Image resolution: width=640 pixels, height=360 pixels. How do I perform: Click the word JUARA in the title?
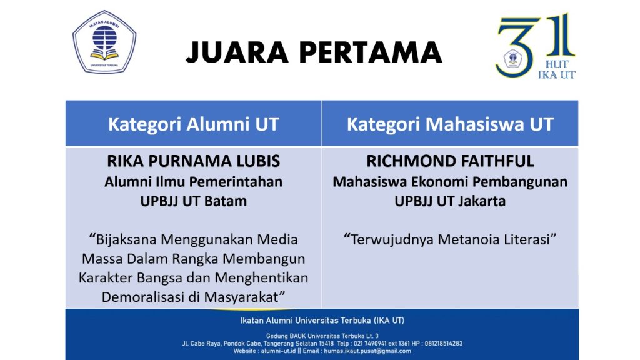(x=237, y=52)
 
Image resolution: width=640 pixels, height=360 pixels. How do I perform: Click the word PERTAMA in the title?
(x=371, y=52)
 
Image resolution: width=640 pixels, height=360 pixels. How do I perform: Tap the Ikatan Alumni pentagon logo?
(x=104, y=42)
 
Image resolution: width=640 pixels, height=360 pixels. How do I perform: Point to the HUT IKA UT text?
(x=557, y=69)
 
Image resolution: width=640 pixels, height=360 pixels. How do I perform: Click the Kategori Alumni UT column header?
(x=194, y=124)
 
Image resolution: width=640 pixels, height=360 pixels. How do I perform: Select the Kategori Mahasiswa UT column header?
(x=450, y=124)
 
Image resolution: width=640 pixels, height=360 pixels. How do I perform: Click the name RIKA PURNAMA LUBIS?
(x=194, y=161)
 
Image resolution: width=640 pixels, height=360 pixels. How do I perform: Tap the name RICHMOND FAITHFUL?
(x=450, y=161)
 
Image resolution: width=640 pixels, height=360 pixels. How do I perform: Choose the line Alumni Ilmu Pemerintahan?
(x=194, y=182)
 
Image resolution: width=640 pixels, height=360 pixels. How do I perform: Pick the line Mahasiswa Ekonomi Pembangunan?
(x=450, y=182)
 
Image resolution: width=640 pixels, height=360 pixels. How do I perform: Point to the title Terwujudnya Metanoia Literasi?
(x=450, y=239)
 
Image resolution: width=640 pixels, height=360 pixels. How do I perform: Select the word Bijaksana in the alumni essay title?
(x=126, y=239)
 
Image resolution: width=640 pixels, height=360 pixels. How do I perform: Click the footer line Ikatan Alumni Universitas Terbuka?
(x=322, y=321)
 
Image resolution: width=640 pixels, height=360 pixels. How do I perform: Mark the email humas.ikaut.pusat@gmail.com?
(x=367, y=351)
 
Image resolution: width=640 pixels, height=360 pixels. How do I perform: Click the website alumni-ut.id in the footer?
(x=278, y=351)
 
